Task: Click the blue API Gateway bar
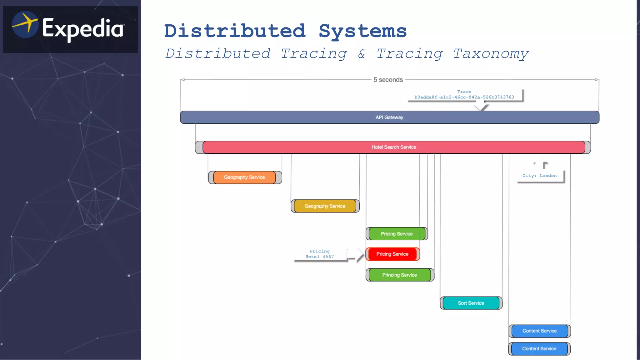(x=389, y=117)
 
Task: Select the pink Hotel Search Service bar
(x=393, y=147)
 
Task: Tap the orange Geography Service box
(x=244, y=177)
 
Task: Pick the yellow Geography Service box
(x=325, y=206)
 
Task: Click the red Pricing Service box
(x=392, y=254)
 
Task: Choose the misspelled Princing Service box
(x=399, y=275)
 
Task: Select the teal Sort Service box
(x=471, y=303)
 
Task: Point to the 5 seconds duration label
(x=388, y=80)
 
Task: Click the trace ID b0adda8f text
(x=464, y=97)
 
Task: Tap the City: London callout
(x=539, y=176)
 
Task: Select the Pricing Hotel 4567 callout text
(x=319, y=254)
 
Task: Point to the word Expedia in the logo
(x=83, y=29)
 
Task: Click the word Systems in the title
(x=362, y=31)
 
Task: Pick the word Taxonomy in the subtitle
(x=491, y=54)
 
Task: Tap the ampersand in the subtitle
(x=362, y=54)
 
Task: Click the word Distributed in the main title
(x=235, y=31)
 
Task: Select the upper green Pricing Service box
(x=397, y=234)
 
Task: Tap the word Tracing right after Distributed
(x=314, y=54)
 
